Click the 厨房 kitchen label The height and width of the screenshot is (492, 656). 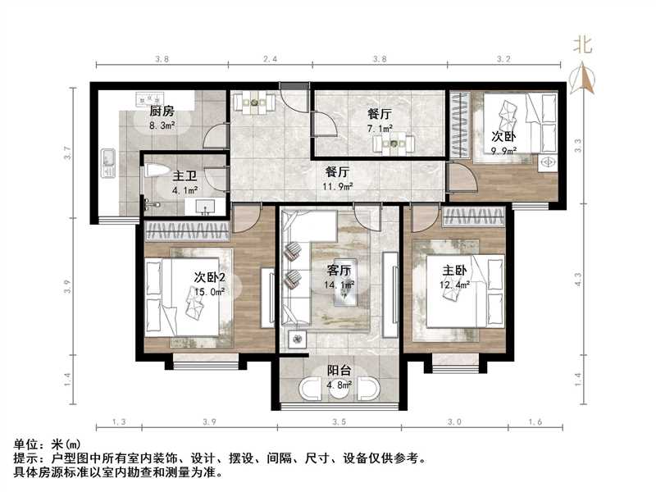tap(162, 111)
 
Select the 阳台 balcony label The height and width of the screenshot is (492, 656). tap(339, 370)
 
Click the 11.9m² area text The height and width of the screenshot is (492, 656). tap(339, 186)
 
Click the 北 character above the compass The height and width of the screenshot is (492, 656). tap(584, 45)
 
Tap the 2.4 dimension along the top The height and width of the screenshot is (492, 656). tap(271, 59)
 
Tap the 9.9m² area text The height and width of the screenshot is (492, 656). tap(503, 150)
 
